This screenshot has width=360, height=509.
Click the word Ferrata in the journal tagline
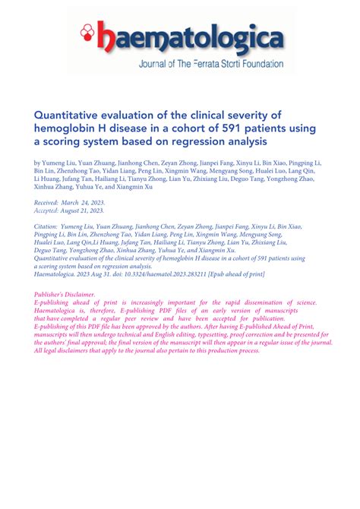pos(204,65)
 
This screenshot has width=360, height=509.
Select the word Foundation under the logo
pos(258,65)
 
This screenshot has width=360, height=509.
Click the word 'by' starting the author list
pos(38,163)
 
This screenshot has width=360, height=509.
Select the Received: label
pos(52,204)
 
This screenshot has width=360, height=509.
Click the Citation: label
pos(50,226)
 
